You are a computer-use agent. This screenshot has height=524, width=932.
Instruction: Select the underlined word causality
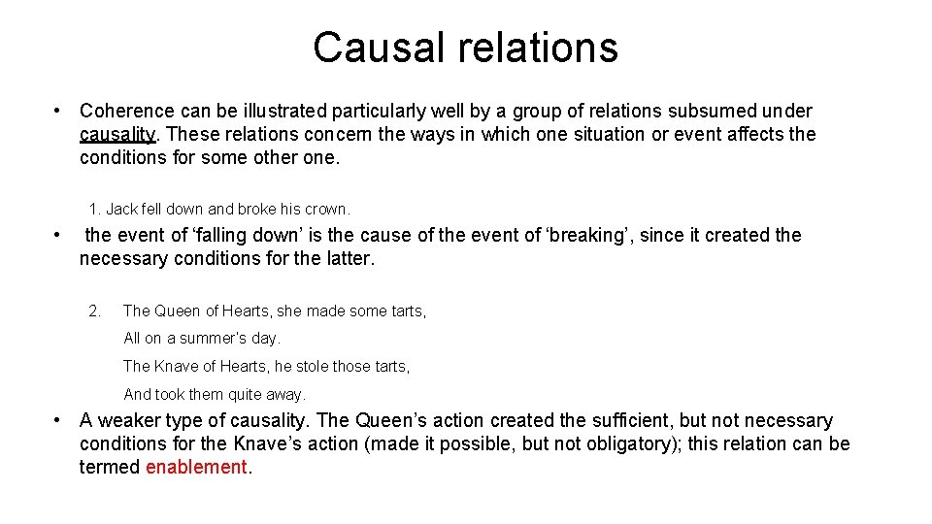click(x=116, y=135)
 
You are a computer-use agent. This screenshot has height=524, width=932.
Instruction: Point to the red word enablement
click(x=196, y=467)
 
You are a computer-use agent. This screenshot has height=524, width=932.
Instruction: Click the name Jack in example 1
click(x=121, y=209)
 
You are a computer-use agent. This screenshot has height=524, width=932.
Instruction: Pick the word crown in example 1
click(x=326, y=209)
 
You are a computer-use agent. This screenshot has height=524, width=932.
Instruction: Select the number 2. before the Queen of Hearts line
click(x=94, y=311)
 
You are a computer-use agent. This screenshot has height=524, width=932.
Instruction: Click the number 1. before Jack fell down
click(x=94, y=209)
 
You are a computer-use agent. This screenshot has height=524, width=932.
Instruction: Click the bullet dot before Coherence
click(x=59, y=112)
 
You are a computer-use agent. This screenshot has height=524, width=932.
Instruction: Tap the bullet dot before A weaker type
click(x=59, y=420)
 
